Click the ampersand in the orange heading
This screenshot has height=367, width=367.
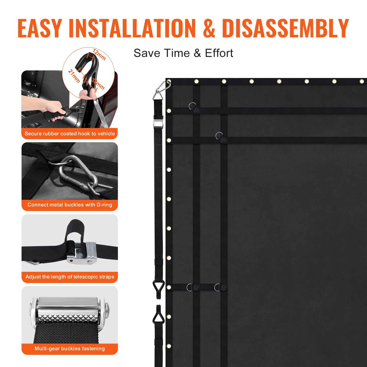[x=209, y=28]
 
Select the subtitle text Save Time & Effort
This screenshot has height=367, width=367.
[x=183, y=53]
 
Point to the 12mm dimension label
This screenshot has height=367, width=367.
[x=99, y=54]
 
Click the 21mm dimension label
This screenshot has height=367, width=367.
[x=74, y=76]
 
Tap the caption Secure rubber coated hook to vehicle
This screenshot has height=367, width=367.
[x=70, y=134]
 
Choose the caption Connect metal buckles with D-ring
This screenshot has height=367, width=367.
[x=70, y=205]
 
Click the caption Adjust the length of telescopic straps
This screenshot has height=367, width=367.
[x=70, y=277]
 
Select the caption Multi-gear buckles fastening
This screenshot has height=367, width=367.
[x=70, y=348]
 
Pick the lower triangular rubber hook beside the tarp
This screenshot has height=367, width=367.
[x=158, y=316]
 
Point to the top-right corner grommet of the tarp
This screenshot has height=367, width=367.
[x=362, y=81]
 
